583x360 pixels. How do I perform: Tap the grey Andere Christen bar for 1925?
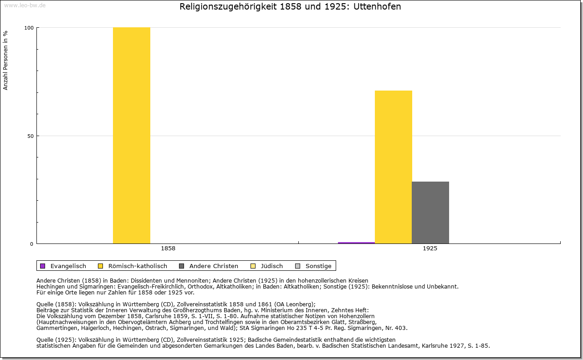(430, 213)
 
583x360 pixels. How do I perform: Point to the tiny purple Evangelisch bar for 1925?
(356, 243)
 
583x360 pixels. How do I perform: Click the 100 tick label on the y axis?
(29, 28)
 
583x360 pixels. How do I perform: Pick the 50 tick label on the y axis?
(30, 136)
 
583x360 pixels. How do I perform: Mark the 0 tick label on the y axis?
(32, 244)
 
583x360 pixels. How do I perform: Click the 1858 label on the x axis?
(168, 249)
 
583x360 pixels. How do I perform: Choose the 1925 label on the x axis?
(430, 249)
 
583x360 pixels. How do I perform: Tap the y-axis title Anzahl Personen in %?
(6, 60)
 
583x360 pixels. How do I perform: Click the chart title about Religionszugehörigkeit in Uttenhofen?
(290, 7)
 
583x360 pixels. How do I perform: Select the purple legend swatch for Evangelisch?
(43, 266)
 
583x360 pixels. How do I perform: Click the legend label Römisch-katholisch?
(138, 266)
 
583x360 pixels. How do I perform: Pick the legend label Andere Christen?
(214, 266)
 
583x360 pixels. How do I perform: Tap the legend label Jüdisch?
(271, 266)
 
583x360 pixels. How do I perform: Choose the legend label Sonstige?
(318, 266)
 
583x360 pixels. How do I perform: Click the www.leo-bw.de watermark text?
(25, 5)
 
